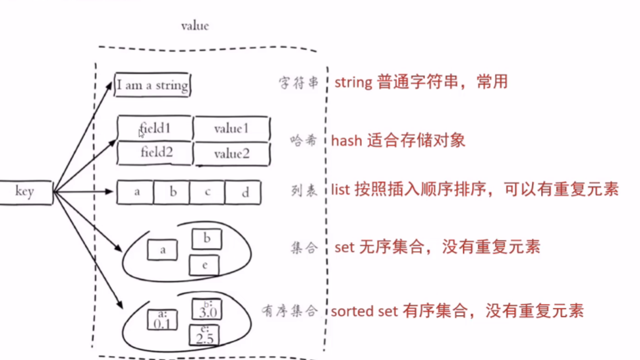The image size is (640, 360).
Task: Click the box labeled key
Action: [24, 192]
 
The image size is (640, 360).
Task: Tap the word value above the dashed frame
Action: [194, 26]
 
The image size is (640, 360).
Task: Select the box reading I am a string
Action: [152, 86]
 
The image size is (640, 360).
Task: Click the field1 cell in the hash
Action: [155, 127]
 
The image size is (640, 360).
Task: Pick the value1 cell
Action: [231, 129]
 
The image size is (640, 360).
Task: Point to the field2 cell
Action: [155, 153]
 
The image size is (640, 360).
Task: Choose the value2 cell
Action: [231, 154]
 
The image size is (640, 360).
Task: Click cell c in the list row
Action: [207, 193]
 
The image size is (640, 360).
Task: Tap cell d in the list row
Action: [243, 193]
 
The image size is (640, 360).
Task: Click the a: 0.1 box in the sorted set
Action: [162, 319]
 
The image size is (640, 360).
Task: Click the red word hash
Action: [345, 140]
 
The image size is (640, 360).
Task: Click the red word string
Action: [354, 83]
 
